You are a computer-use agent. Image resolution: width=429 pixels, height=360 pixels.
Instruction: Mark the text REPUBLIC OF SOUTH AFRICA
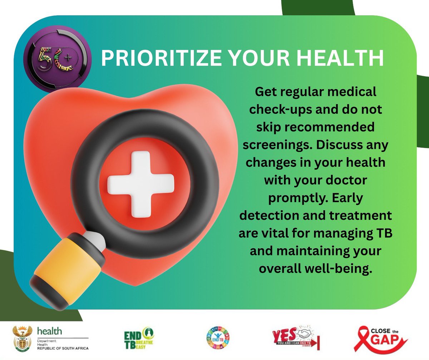tap(63, 348)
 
